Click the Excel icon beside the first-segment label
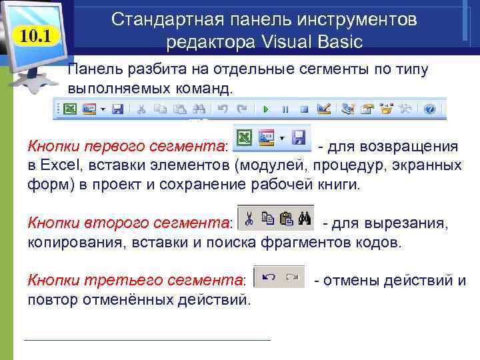(x=245, y=138)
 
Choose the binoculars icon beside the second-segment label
(x=305, y=217)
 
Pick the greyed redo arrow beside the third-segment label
(x=291, y=276)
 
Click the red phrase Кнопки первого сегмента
(x=127, y=146)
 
